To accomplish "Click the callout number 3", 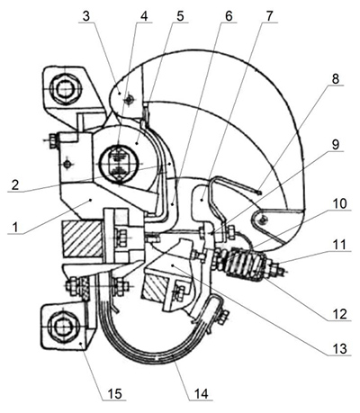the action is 86,16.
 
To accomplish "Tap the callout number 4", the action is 144,16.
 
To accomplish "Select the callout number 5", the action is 180,16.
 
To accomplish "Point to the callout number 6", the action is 229,16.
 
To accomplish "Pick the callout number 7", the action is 269,16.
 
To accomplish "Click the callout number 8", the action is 336,79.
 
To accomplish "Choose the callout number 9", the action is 336,145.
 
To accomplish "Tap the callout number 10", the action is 339,204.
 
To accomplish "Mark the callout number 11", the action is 339,245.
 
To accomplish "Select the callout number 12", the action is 339,314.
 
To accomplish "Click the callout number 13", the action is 339,349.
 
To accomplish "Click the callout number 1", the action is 15,227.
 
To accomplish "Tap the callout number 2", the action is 15,184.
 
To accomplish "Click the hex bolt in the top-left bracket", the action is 64,89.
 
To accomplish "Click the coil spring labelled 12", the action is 245,264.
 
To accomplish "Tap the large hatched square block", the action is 82,238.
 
